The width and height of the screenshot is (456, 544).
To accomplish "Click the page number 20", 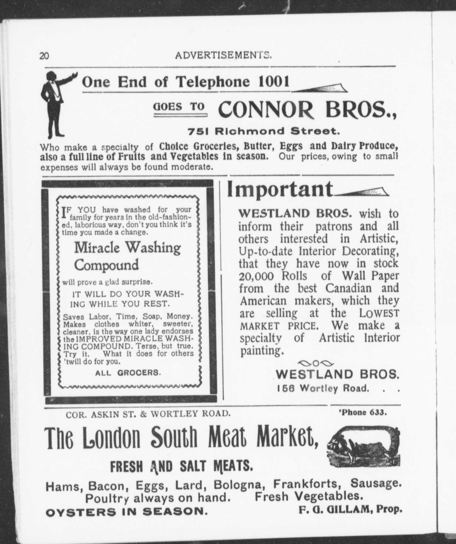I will pos(44,55).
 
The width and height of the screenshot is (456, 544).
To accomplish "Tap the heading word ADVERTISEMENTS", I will pos(223,55).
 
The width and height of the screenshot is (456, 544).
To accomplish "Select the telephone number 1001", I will pos(274,82).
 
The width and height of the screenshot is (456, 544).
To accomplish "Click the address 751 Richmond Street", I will pos(264,131).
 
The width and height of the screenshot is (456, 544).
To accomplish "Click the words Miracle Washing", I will pos(128,248).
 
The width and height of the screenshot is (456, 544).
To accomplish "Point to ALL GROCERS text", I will pos(128,373).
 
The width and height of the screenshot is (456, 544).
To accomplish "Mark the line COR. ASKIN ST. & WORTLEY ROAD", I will pos(148,414).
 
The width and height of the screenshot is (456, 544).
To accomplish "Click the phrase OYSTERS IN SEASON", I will pos(126,512).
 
